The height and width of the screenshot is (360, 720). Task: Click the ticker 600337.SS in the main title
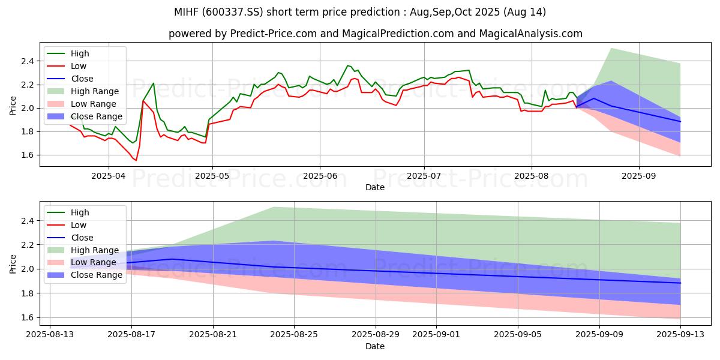tap(275, 12)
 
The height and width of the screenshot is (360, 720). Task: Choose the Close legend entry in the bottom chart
tap(82, 238)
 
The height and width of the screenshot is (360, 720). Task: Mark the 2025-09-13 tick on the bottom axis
tap(680, 335)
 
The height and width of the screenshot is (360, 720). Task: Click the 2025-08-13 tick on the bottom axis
tap(49, 335)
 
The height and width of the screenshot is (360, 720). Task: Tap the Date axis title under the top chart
tap(375, 188)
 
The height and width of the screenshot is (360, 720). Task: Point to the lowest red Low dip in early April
tap(136, 160)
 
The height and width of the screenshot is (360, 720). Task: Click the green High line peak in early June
tap(348, 65)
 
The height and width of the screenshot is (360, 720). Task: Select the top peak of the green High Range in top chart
tap(611, 49)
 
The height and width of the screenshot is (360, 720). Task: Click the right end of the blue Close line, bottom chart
tap(680, 283)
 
